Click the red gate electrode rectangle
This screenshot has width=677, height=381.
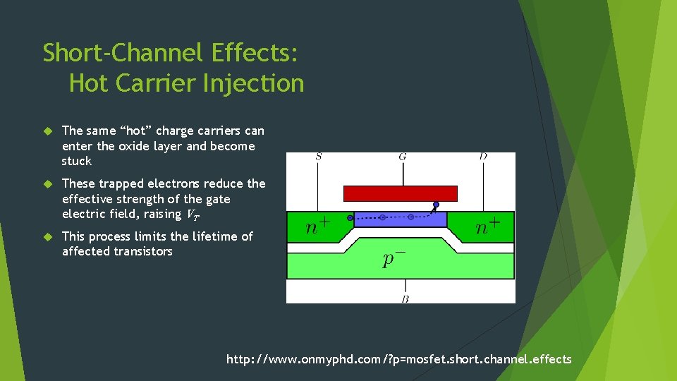tap(400, 193)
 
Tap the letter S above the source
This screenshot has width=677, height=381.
tap(319, 157)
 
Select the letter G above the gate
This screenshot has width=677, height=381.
tap(402, 157)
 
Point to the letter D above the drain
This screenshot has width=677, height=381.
tap(483, 157)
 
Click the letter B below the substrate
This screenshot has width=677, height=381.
tap(405, 299)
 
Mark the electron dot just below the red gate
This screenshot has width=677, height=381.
tap(436, 205)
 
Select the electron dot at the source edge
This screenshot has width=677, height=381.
tap(350, 218)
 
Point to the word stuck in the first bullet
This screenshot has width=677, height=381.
tap(77, 161)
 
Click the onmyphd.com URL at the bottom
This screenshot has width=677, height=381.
tap(398, 360)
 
